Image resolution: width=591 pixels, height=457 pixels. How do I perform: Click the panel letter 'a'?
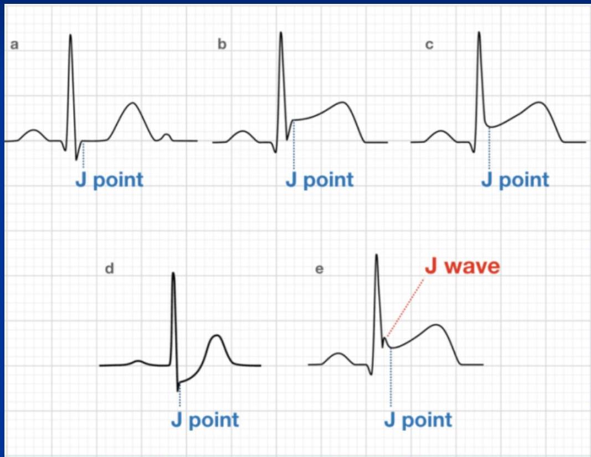[x=15, y=45]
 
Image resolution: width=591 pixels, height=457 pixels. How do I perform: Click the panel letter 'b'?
[x=222, y=45]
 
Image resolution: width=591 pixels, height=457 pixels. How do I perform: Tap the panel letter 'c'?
[x=429, y=45]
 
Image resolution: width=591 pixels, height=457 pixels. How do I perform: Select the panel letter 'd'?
[x=110, y=269]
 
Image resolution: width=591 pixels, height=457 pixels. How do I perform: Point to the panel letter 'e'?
[x=318, y=269]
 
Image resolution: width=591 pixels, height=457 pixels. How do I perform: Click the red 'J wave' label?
[x=462, y=267]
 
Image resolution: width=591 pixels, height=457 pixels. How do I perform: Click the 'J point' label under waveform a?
[x=109, y=180]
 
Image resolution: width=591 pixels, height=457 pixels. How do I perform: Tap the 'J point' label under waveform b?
[x=320, y=180]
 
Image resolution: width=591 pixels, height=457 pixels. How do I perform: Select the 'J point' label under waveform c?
[x=515, y=180]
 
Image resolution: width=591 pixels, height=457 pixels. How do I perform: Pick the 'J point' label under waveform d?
[x=205, y=420]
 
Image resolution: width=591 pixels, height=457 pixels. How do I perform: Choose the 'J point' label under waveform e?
[x=418, y=420]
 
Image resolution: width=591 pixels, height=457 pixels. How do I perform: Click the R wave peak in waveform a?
[x=70, y=35]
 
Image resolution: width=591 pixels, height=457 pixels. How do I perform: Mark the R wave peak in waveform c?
[x=479, y=32]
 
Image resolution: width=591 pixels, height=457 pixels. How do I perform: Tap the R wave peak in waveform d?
[x=173, y=273]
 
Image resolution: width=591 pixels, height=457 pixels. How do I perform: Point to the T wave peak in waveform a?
[x=132, y=103]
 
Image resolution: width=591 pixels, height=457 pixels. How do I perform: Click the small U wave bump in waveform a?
[x=167, y=134]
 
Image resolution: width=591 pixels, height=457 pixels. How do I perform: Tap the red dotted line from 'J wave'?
[x=405, y=307]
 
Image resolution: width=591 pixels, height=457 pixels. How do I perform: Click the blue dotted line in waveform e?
[x=391, y=377]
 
